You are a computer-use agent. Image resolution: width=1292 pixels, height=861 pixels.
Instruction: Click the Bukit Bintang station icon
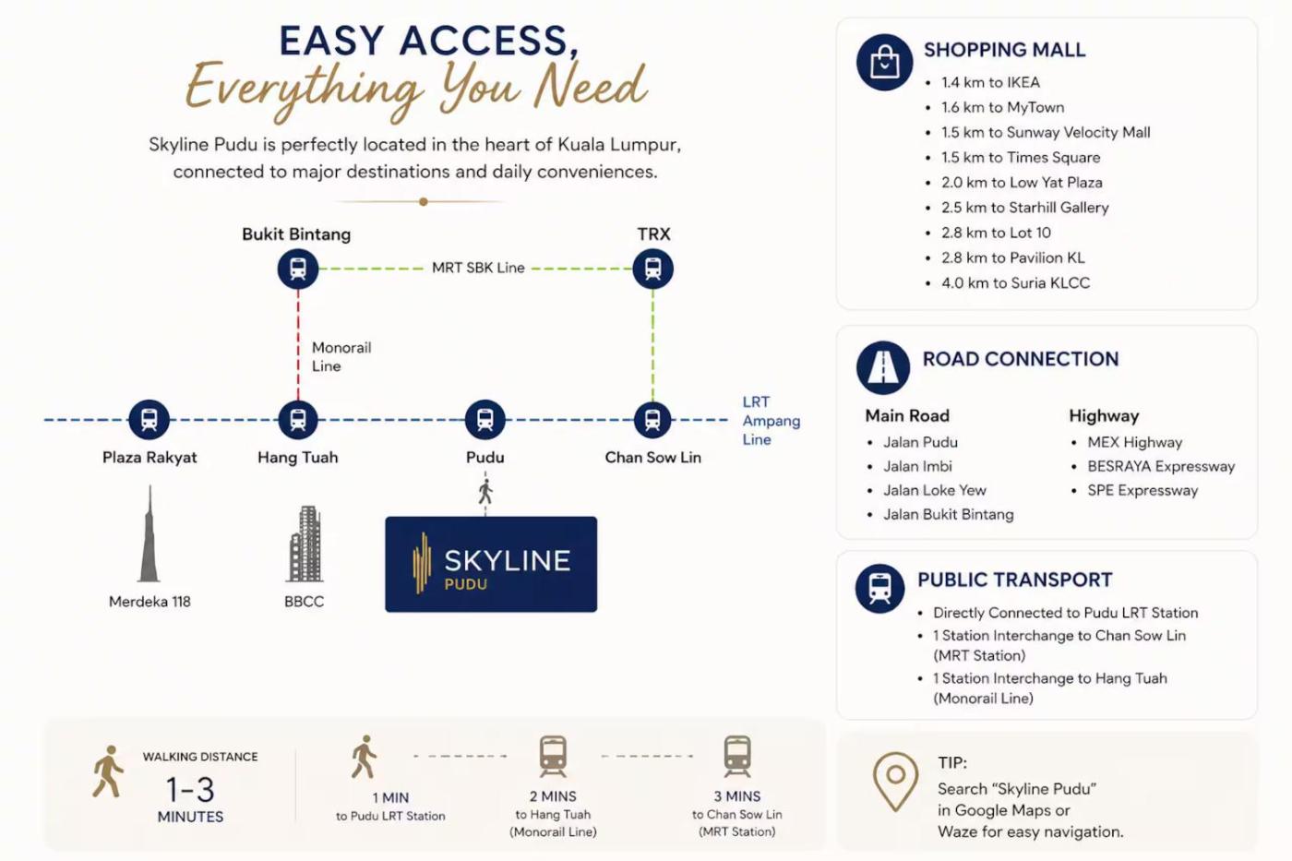click(x=297, y=269)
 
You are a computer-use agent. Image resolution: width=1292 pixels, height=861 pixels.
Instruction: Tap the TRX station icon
click(x=652, y=269)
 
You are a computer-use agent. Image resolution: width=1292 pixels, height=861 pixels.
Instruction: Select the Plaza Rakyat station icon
click(x=149, y=419)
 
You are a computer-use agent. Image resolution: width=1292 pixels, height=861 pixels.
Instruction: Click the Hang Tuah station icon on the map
click(x=297, y=419)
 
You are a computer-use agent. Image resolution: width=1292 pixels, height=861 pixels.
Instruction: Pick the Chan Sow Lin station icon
click(x=652, y=419)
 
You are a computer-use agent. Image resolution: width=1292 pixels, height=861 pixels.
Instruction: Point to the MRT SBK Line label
click(x=478, y=268)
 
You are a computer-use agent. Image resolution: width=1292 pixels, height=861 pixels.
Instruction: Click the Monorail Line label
click(x=341, y=357)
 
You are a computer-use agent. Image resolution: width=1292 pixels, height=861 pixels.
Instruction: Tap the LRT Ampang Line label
click(x=772, y=421)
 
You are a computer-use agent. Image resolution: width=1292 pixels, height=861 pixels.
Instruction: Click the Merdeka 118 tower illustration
click(x=150, y=533)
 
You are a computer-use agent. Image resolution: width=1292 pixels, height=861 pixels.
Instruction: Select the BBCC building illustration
click(x=305, y=544)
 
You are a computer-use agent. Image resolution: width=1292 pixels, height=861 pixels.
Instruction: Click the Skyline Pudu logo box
click(x=491, y=564)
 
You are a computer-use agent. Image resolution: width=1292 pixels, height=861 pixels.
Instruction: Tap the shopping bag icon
click(x=884, y=62)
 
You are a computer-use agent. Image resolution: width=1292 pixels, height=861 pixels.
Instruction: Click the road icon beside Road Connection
click(x=883, y=367)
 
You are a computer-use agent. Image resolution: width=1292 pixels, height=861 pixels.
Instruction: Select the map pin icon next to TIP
click(x=895, y=782)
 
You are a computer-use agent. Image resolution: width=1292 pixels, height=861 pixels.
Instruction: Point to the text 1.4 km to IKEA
click(x=990, y=82)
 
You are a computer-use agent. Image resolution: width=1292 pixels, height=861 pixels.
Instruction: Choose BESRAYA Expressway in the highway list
click(x=1161, y=467)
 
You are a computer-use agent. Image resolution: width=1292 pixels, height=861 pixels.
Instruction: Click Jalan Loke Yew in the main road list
click(x=935, y=491)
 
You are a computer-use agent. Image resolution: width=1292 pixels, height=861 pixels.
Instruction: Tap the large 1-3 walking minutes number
click(x=190, y=790)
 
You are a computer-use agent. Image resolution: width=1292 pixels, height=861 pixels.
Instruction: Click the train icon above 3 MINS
click(x=737, y=756)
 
